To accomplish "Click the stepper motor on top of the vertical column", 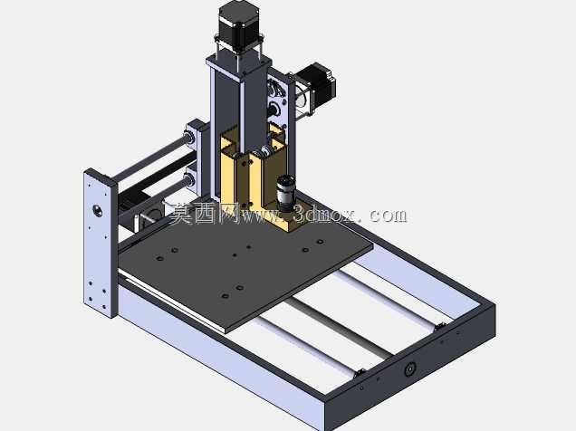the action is [240, 23].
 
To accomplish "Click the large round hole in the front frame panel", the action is [409, 369].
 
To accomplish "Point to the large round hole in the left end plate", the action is [97, 211].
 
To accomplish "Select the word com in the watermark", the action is [388, 215].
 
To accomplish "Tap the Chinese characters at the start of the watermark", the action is [205, 214].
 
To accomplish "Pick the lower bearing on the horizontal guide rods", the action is [189, 180].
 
